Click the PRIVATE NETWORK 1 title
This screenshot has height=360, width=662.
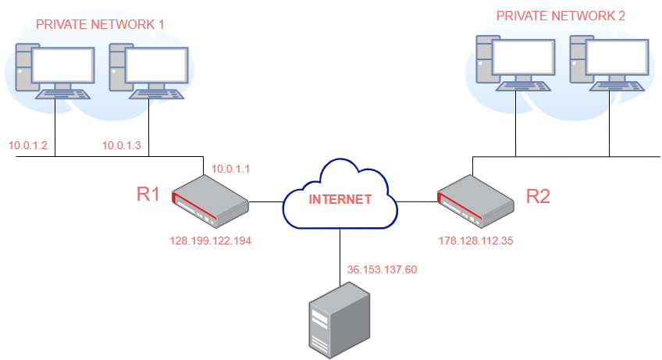[x=100, y=24]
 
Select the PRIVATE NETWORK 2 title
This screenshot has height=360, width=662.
[x=561, y=15]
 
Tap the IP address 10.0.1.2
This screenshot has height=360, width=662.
[x=28, y=145]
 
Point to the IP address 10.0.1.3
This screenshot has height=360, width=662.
[x=122, y=145]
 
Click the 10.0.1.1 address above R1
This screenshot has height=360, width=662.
[x=230, y=168]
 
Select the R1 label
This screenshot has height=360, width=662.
[x=148, y=194]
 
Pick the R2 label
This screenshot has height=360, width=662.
[x=539, y=196]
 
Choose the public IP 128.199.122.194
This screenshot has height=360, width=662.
[x=210, y=241]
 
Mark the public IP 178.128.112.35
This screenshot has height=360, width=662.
[x=475, y=241]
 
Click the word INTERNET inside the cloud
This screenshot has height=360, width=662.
[x=340, y=199]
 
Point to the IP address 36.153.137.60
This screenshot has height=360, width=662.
[x=382, y=270]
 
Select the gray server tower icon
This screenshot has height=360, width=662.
[x=338, y=320]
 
